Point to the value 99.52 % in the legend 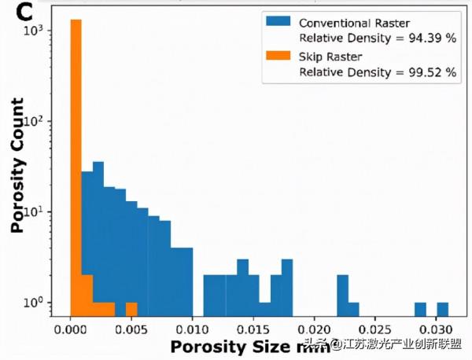pyautogui.click(x=430, y=72)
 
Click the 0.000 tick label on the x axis pyautogui.click(x=71, y=327)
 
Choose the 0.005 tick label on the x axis pyautogui.click(x=131, y=327)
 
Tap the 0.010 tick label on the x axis pyautogui.click(x=192, y=327)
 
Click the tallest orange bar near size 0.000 pyautogui.click(x=76, y=157)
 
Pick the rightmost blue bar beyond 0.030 pyautogui.click(x=443, y=307)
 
